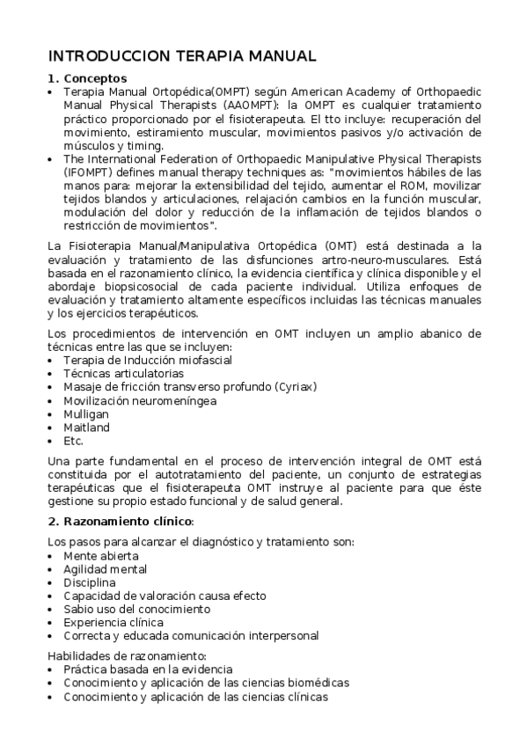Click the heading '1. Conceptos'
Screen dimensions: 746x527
(x=88, y=78)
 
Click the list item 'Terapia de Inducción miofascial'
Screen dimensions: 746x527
(x=135, y=359)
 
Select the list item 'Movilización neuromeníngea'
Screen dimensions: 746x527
(x=128, y=400)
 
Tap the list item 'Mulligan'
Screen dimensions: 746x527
(x=84, y=413)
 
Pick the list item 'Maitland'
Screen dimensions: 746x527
(x=86, y=428)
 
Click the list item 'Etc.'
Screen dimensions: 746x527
(x=73, y=441)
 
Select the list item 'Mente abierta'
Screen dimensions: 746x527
(x=100, y=556)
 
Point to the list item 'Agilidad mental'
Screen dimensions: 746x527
(x=105, y=569)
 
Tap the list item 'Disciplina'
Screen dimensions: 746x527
(x=89, y=582)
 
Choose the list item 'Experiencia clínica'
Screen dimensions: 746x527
(x=113, y=622)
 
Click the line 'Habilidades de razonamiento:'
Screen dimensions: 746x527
(x=127, y=655)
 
